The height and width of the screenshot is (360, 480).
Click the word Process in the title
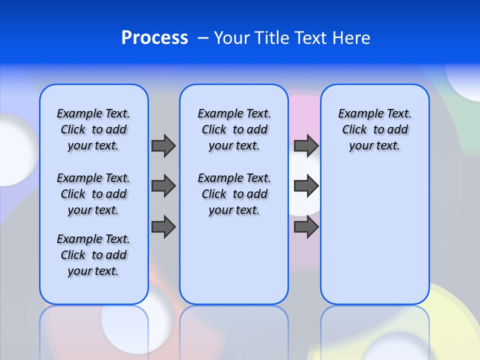coord(154,38)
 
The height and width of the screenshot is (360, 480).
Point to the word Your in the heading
coord(232,38)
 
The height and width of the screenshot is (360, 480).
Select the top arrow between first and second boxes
coord(163,145)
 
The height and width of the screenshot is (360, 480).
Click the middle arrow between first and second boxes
coord(163,186)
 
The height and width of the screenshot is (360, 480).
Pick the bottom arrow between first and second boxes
coord(163,227)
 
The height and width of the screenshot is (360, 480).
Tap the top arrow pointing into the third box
coord(306,145)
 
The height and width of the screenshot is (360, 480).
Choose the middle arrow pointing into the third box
coord(306,186)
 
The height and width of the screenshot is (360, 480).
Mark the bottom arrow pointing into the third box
coord(306,227)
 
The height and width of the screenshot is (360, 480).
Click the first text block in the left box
coord(93,129)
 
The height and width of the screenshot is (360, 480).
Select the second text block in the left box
coord(93,194)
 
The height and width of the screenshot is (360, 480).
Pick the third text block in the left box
coord(93,255)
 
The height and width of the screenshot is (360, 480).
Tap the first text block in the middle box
coord(234,129)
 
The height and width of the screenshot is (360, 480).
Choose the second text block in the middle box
coord(234,194)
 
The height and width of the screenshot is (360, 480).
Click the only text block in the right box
coord(374,129)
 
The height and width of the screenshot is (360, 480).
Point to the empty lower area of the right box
coord(374,235)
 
